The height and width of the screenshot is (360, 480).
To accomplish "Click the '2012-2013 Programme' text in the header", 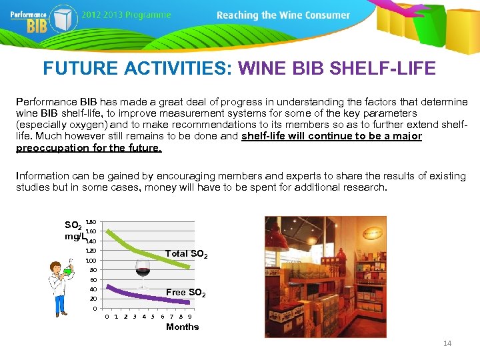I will pyautogui.click(x=127, y=15).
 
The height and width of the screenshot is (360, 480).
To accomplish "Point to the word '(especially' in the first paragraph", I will pyautogui.click(x=40, y=125).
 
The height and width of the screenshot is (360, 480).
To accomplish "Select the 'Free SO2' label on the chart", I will pyautogui.click(x=185, y=293).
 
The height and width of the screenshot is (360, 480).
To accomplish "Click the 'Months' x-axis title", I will pyautogui.click(x=182, y=327).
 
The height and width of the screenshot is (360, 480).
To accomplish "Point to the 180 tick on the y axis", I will pyautogui.click(x=91, y=221).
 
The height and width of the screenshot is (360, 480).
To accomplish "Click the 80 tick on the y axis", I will pyautogui.click(x=93, y=270).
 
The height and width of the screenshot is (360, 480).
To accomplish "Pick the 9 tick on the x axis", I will pyautogui.click(x=189, y=317).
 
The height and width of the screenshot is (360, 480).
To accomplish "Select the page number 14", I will pyautogui.click(x=447, y=343).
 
